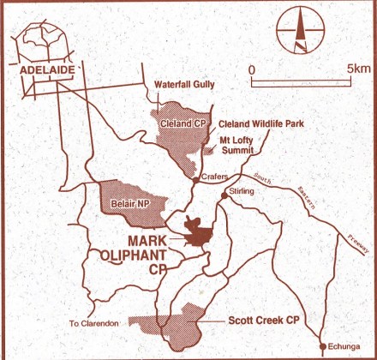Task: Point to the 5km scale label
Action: (357, 67)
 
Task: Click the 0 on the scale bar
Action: (251, 67)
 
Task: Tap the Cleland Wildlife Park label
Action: (256, 123)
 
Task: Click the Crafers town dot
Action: (197, 179)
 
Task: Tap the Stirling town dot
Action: (224, 195)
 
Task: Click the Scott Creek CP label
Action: (267, 320)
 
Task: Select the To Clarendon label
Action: (92, 323)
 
